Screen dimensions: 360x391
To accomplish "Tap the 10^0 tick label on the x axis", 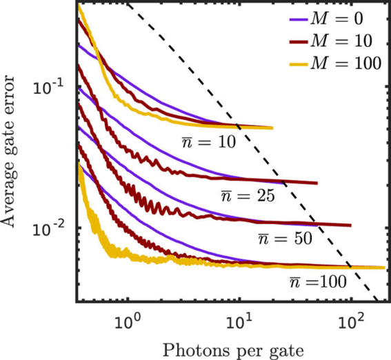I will pyautogui.click(x=127, y=320).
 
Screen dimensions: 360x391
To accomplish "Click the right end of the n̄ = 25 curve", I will pyautogui.click(x=317, y=183).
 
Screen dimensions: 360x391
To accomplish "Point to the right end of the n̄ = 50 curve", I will pyautogui.click(x=350, y=226).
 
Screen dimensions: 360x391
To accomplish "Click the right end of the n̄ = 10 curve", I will pyautogui.click(x=272, y=128).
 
